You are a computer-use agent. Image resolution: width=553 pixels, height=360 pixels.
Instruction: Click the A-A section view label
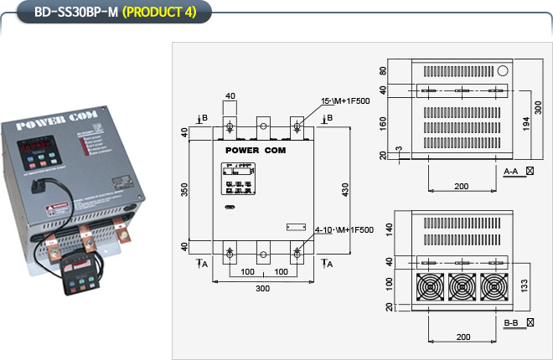512,171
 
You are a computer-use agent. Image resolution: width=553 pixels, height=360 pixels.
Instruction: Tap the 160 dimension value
383,124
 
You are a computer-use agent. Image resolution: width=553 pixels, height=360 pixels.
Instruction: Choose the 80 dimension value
383,71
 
